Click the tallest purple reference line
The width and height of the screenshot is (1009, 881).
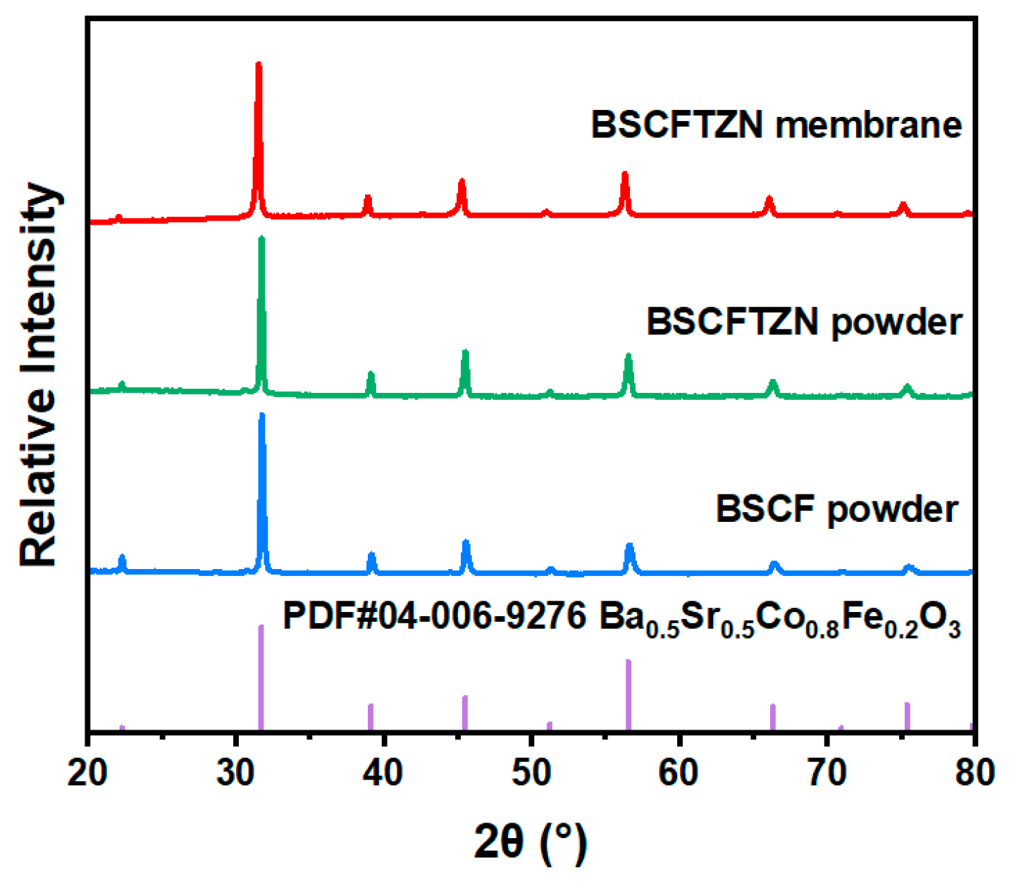(261, 676)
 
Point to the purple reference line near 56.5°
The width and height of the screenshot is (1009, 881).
(628, 694)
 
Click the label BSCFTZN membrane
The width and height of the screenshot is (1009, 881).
(776, 125)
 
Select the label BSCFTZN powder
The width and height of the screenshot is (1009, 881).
(804, 322)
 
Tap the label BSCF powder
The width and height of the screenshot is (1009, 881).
(836, 508)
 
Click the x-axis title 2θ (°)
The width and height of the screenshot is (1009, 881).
(530, 842)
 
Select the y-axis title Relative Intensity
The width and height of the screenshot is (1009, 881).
(39, 374)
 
